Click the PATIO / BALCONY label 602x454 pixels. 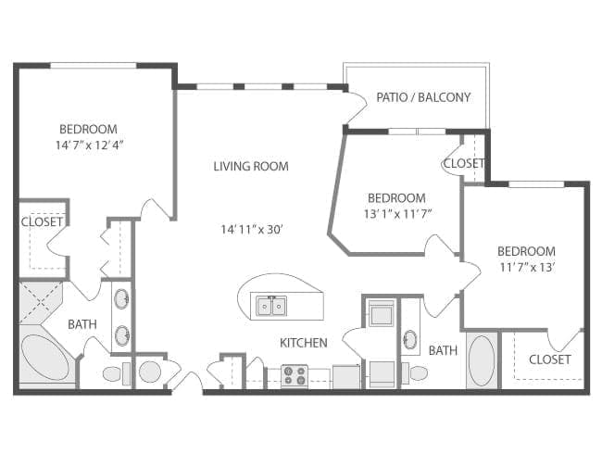coord(423,97)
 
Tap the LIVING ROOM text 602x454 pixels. coord(251,167)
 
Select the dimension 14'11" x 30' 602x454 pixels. coord(251,229)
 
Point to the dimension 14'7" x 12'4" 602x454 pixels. coord(89,145)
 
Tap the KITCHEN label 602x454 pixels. coord(304,343)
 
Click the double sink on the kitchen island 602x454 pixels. coord(271,304)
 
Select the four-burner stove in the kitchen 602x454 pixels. coord(295,375)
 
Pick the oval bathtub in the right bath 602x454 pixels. coord(482,359)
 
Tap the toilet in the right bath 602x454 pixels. coord(418,374)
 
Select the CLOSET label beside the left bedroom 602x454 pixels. coord(43,222)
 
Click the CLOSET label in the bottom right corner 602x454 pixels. coord(549,359)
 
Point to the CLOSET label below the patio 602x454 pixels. coord(463,163)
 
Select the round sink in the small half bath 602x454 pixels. coord(149,372)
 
